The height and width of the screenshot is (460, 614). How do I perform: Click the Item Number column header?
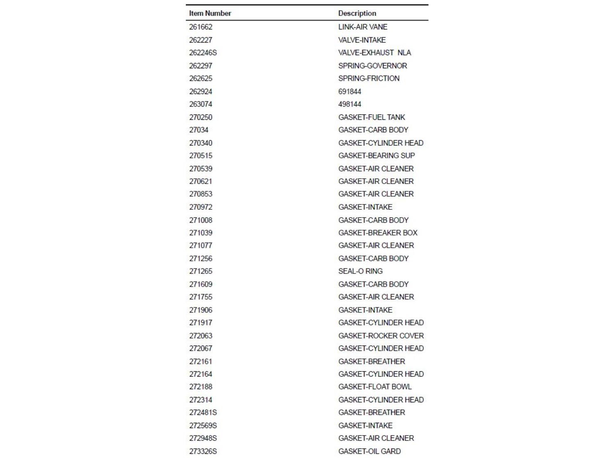point(210,13)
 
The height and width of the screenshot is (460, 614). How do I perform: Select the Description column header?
point(357,13)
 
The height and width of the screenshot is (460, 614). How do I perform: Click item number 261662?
point(201,27)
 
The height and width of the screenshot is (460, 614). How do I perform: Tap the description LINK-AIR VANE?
point(363,27)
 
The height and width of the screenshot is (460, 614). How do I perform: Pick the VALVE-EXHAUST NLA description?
point(374,53)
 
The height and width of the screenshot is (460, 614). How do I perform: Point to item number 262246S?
point(203,53)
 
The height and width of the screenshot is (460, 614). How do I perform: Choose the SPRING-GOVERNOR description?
point(372,65)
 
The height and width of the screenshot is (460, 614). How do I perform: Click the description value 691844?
point(350,91)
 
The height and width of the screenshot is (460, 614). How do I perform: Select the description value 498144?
point(350,104)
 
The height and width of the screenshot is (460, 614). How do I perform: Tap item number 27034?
point(199,130)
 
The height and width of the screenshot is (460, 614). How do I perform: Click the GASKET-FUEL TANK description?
point(371,117)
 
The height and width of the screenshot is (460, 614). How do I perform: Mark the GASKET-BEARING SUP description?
point(376,156)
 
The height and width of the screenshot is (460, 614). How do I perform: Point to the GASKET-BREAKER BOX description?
point(377,233)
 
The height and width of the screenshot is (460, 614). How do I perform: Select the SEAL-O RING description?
point(360,271)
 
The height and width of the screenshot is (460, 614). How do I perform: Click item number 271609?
point(201,284)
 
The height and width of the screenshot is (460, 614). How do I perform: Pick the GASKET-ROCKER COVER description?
point(381,336)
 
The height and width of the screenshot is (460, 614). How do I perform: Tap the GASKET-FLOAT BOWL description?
point(375,387)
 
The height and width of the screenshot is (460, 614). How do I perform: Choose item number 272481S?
point(203,413)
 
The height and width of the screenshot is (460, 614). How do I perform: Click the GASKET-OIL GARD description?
point(369,451)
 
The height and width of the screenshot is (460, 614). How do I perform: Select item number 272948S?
point(203,438)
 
